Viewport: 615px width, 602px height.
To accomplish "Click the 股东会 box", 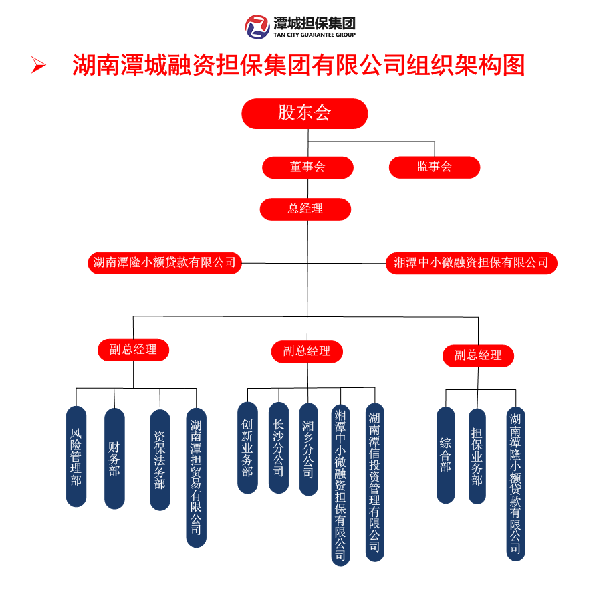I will coord(304,113).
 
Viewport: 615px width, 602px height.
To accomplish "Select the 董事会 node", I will coord(307,167).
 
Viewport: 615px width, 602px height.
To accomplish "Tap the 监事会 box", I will coord(435,167).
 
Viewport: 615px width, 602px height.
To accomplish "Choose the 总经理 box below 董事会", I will coord(305,209).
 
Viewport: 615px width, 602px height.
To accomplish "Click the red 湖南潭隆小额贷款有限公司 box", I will coord(164,262).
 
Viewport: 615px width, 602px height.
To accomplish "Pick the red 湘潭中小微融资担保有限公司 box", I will coord(471,262).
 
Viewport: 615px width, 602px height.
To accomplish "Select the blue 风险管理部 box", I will coord(76,456).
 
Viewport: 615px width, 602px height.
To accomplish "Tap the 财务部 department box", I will coord(114,458).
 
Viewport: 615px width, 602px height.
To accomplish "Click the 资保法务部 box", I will coord(160,460).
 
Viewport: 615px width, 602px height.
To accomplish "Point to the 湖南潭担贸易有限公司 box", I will coord(196,478).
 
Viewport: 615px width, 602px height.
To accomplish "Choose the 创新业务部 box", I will coord(247,447).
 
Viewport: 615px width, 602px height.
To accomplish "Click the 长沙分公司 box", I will coord(279,447).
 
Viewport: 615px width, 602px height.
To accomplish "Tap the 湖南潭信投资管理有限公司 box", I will coord(375,482).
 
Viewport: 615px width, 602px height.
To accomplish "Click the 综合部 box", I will coord(446,455).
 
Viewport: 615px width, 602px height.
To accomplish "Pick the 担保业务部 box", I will coord(477,456).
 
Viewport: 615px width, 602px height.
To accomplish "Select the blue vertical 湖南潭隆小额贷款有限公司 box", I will coord(515,483).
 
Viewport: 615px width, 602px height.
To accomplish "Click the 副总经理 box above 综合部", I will coord(478,355).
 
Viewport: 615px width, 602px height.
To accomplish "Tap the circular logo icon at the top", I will coord(257,27).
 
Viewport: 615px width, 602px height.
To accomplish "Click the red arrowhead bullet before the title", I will coord(39,66).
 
